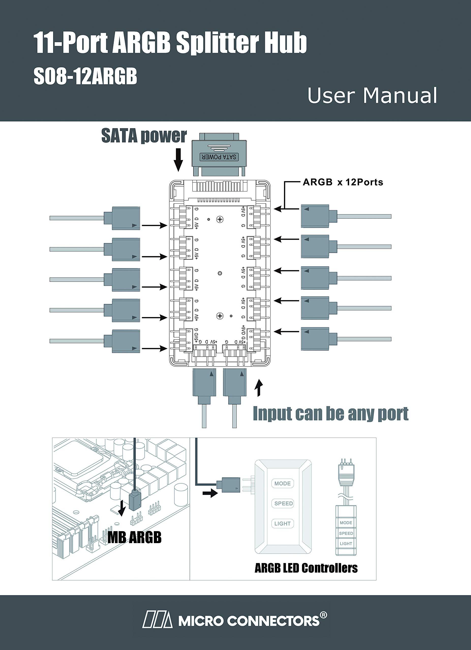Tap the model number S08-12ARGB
85,77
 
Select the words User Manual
372,95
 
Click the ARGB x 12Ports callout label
343,182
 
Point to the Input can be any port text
330,414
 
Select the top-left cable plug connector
126,218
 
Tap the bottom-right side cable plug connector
315,339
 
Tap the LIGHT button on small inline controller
346,543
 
